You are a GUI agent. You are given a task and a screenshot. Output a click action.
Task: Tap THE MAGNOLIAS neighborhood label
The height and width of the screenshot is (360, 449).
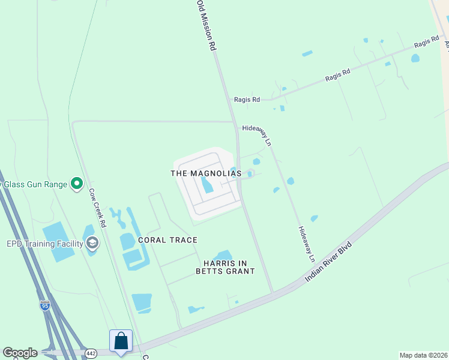tap(206, 173)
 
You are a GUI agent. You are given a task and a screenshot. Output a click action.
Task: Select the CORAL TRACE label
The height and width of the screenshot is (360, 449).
tap(167, 240)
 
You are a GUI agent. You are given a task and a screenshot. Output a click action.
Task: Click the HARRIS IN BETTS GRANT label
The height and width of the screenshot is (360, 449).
tap(225, 267)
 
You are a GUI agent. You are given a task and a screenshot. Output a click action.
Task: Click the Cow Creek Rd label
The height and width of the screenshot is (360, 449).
tap(97, 208)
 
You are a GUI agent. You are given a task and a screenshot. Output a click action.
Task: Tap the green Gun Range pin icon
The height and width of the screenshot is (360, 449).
tap(76, 184)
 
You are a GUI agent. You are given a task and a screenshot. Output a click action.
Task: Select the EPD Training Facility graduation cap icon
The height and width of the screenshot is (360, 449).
tap(92, 243)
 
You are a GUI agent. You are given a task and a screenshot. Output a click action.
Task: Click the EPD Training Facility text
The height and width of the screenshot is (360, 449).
tap(45, 244)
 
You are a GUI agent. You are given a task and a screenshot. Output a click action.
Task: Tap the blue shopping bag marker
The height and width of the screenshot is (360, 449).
tap(121, 341)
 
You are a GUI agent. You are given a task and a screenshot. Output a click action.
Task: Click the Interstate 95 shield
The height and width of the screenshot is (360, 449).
tap(45, 305)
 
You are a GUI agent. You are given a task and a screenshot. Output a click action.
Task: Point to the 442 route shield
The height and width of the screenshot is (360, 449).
tap(91, 353)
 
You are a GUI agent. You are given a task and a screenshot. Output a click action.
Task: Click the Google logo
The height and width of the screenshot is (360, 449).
tap(20, 353)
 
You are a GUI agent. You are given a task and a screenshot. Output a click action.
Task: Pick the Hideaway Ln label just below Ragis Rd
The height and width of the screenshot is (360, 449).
tap(258, 135)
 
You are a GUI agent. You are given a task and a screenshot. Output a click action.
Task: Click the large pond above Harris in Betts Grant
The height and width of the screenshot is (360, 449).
tap(223, 257)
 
